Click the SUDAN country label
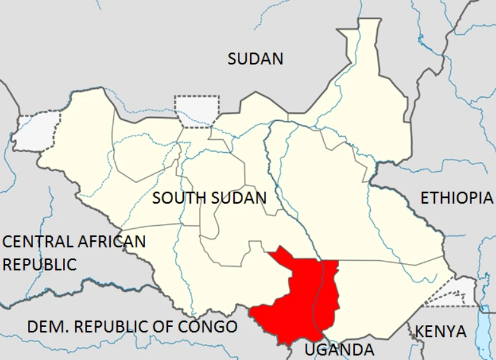[256, 59]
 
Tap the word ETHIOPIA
[457, 198]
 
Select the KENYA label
[441, 331]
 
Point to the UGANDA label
[338, 349]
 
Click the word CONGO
[207, 327]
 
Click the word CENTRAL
[38, 242]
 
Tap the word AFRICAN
[111, 242]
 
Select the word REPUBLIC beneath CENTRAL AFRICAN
[39, 264]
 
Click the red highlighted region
[293, 299]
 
